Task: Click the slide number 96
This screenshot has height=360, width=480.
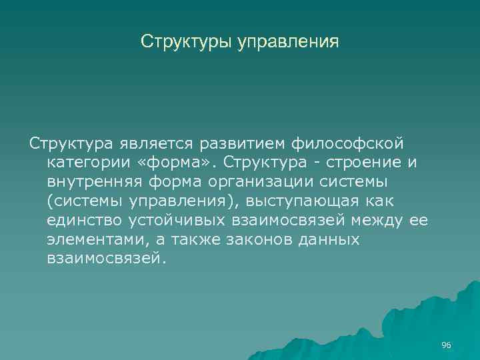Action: coord(446,345)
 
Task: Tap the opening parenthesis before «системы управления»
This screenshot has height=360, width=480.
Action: coord(50,201)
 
